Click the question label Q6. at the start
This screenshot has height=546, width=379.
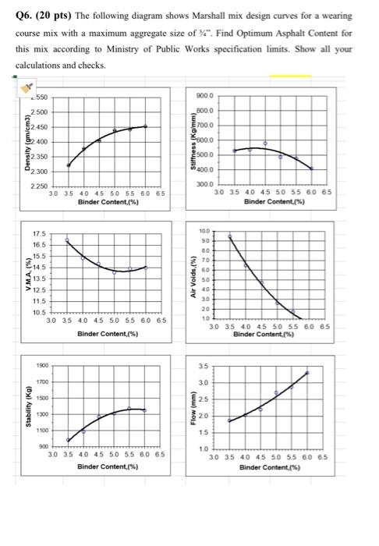[x=25, y=16]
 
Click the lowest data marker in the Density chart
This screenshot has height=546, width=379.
[x=68, y=165]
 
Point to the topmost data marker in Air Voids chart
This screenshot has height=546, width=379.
[x=229, y=236]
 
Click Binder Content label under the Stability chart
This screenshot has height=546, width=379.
[x=108, y=467]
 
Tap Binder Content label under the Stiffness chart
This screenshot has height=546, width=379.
[x=275, y=200]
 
